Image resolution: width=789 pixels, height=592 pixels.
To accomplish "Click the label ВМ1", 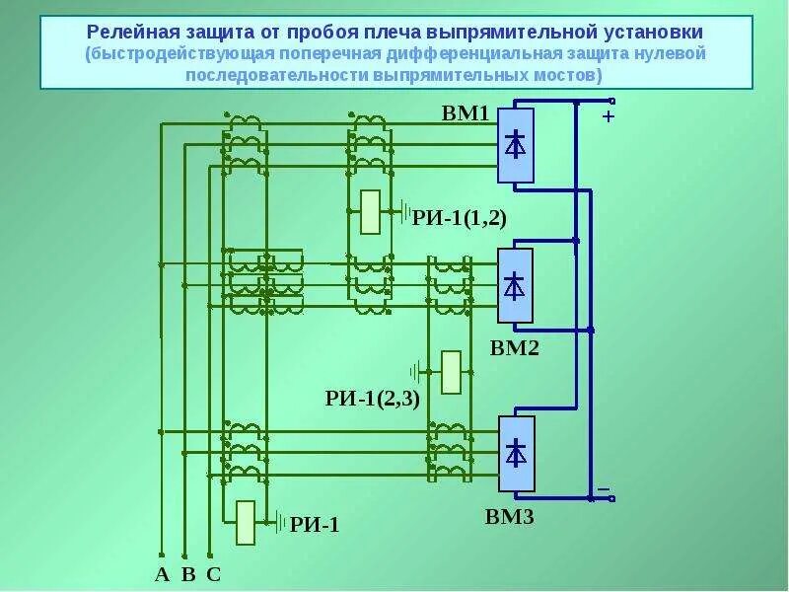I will pyautogui.click(x=466, y=113).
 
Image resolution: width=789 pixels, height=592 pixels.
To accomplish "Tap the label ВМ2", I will pyautogui.click(x=514, y=347).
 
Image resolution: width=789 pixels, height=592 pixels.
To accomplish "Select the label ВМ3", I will pyautogui.click(x=509, y=515).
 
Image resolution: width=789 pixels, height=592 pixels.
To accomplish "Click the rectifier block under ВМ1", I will pyautogui.click(x=516, y=145).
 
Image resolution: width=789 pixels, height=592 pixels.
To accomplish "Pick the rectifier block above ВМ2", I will pyautogui.click(x=515, y=286).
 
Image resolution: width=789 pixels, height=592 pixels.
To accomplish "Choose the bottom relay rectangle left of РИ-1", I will pyautogui.click(x=246, y=523).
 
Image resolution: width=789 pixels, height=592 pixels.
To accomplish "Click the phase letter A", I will pyautogui.click(x=162, y=574).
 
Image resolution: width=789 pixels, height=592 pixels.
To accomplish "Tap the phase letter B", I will pyautogui.click(x=188, y=574).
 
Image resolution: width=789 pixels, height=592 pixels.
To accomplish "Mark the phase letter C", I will pyautogui.click(x=213, y=574).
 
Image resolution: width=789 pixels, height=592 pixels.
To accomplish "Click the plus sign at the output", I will pyautogui.click(x=608, y=116).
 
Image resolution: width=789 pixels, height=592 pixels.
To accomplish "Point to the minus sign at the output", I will pyautogui.click(x=604, y=487).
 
